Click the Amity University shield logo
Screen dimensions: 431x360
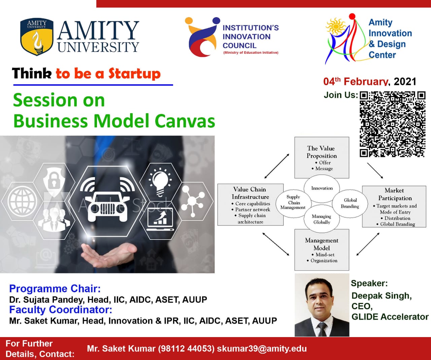(37, 37)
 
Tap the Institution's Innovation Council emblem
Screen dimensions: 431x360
(202, 37)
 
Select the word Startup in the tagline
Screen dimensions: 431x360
(134, 74)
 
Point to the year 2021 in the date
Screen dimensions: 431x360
(405, 82)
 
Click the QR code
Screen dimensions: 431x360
(393, 124)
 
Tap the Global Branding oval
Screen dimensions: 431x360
(350, 203)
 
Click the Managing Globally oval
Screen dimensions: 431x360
(322, 219)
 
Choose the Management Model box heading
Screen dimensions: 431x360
(322, 244)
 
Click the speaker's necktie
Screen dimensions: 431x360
(322, 329)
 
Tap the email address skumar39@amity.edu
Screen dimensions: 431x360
(262, 349)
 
